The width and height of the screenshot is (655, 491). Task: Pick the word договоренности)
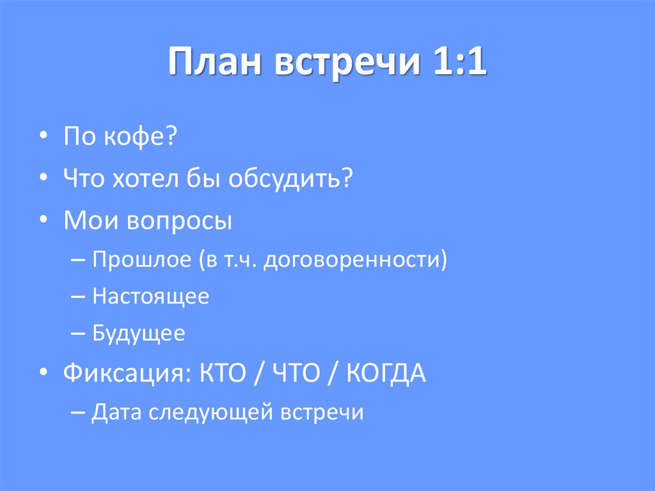[356, 261]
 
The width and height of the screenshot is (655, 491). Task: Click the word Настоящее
[150, 297]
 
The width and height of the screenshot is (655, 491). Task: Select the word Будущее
[139, 334]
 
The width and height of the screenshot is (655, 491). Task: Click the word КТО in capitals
[219, 373]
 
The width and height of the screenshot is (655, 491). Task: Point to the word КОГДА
[386, 373]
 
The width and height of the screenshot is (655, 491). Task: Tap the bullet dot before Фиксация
[43, 374]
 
